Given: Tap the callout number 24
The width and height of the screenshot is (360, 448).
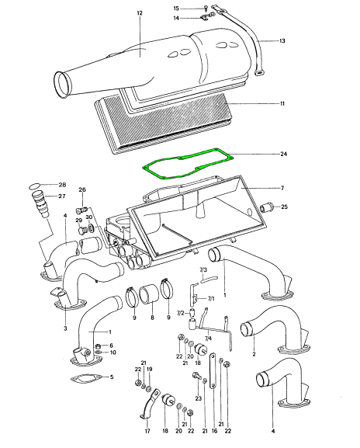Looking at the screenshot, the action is pyautogui.click(x=283, y=154).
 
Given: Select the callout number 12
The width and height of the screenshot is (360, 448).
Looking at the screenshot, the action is pyautogui.click(x=140, y=13).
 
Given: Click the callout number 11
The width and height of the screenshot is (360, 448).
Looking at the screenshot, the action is pyautogui.click(x=282, y=103).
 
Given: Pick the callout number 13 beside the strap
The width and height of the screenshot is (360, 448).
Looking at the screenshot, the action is pyautogui.click(x=282, y=41).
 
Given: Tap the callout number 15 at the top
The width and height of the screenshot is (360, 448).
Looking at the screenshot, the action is pyautogui.click(x=176, y=9).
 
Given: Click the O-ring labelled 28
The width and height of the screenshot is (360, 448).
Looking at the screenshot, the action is pyautogui.click(x=35, y=186).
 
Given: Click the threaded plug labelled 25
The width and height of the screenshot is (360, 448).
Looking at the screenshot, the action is pyautogui.click(x=267, y=207).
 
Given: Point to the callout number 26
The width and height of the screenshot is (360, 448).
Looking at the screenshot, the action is pyautogui.click(x=82, y=189).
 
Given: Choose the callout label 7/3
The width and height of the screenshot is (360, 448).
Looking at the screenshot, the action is pyautogui.click(x=203, y=269).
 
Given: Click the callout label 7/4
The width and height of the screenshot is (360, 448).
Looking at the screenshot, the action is pyautogui.click(x=209, y=339).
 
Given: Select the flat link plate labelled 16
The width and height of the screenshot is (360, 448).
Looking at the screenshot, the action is pyautogui.click(x=213, y=371).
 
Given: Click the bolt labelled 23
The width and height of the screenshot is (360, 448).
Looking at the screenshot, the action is pyautogui.click(x=197, y=376).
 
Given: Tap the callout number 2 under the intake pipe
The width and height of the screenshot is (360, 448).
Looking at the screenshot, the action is pyautogui.click(x=254, y=354).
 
